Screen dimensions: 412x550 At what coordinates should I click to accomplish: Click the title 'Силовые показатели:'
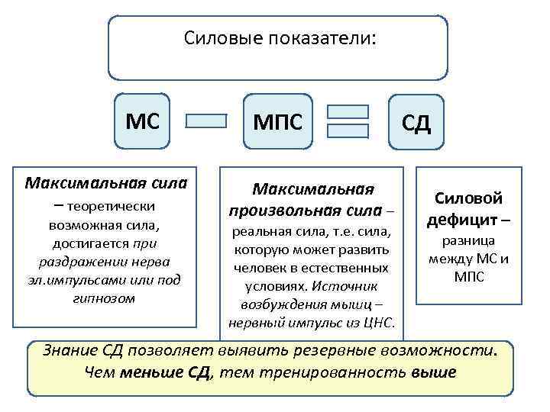pos(280,37)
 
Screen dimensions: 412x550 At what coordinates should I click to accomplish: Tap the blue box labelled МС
pos(144,121)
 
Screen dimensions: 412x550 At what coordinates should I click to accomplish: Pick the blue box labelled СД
pos(417,122)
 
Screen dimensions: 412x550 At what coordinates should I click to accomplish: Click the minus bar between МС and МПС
pos(206,121)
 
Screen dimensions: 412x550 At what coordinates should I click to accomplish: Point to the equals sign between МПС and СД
pos(348,121)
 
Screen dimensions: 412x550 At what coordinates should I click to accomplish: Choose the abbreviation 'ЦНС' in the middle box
pos(377,323)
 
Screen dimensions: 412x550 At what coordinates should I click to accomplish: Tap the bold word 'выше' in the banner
pos(433,372)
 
